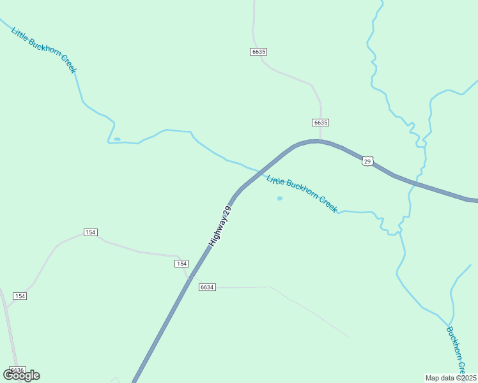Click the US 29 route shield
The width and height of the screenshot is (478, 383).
coord(367,161)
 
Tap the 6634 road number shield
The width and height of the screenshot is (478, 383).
coord(207,287)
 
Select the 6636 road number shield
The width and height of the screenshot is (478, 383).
coord(17,370)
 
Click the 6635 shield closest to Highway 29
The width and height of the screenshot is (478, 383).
coord(321,122)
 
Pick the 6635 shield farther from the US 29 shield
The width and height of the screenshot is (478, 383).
coord(258,51)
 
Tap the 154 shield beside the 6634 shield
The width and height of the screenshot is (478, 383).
coord(182,264)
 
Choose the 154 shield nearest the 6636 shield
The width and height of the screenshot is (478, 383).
coord(20,296)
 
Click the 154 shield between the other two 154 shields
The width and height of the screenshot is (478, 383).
coord(91,232)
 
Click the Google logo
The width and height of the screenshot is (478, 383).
coord(22,375)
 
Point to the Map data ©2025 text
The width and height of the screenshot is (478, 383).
coord(451,378)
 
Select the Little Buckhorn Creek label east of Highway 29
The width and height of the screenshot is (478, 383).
coord(302,193)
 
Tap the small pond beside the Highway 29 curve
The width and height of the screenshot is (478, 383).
coord(279,199)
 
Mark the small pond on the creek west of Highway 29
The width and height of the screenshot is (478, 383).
coord(117,139)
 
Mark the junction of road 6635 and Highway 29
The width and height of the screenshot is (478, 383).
coord(320,140)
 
